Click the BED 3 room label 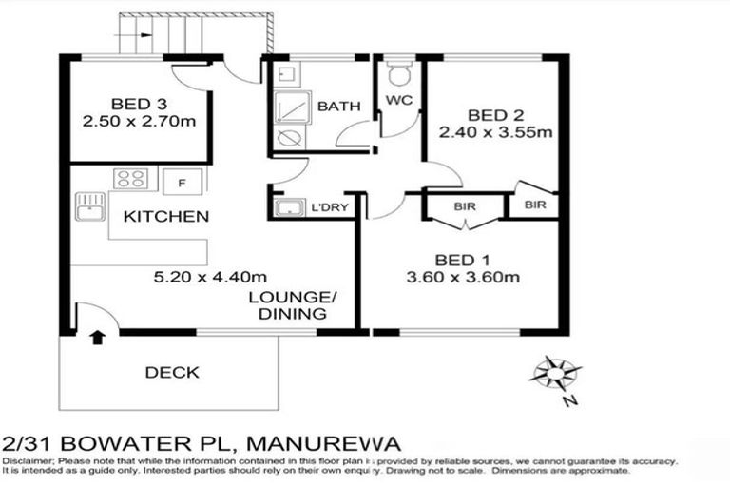[x=139, y=104]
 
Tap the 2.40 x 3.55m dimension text [x=495, y=132]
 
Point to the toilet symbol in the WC [x=398, y=73]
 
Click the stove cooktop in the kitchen [x=130, y=179]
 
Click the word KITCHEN [x=166, y=217]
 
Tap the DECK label [x=172, y=372]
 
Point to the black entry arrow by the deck [x=96, y=336]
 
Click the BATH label [x=337, y=106]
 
